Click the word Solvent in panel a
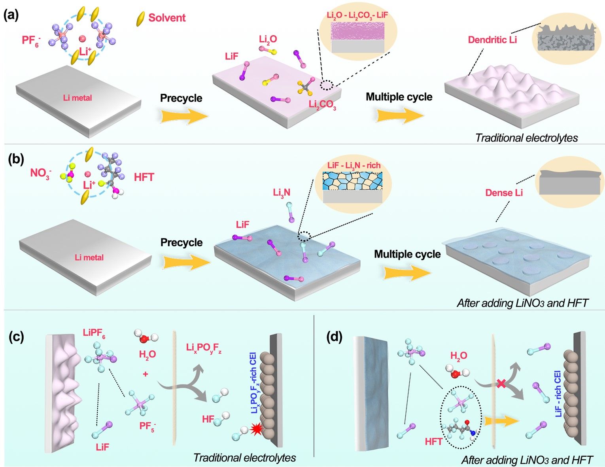point(166,18)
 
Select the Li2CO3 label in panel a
point(322,105)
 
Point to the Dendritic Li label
point(492,40)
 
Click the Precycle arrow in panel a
point(184,116)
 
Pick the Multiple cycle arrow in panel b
point(407,272)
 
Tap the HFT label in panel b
point(144,177)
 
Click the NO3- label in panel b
point(41,173)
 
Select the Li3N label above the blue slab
point(282,193)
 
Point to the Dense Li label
point(504,193)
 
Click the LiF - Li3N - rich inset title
point(354,165)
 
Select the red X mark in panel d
point(501,383)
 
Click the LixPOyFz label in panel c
point(204,348)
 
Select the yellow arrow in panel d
point(501,421)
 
